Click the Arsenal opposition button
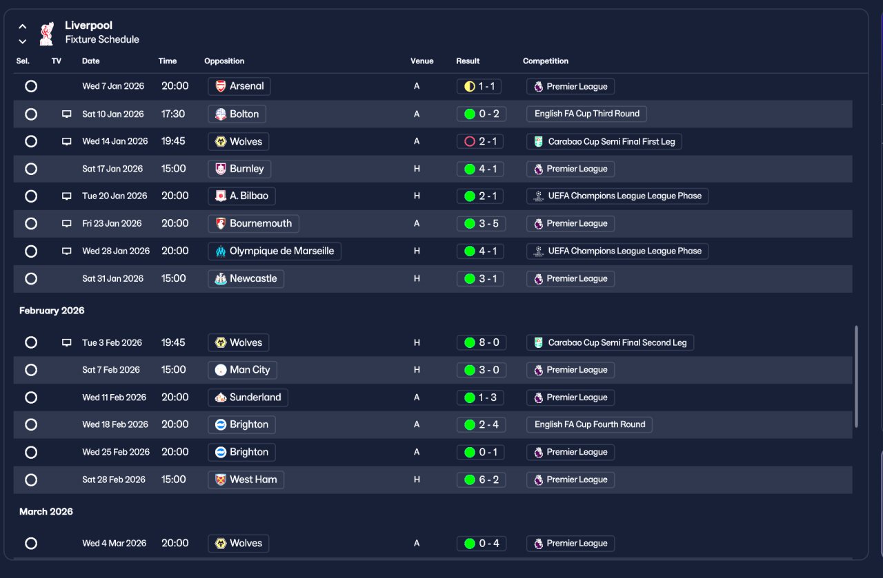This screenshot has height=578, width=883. pyautogui.click(x=239, y=86)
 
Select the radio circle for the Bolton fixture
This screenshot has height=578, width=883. pyautogui.click(x=31, y=114)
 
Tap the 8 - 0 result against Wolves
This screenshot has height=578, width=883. pyautogui.click(x=481, y=342)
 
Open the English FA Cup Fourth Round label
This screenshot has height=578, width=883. pyautogui.click(x=589, y=424)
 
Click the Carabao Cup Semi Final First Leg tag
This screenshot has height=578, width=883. pyautogui.click(x=604, y=142)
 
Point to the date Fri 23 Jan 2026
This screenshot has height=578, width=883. pyautogui.click(x=112, y=224)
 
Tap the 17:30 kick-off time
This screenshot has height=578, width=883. pyautogui.click(x=173, y=114)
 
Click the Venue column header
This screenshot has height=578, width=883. pyautogui.click(x=422, y=61)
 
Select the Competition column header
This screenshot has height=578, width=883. pyautogui.click(x=546, y=61)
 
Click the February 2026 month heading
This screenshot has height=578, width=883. pyautogui.click(x=52, y=311)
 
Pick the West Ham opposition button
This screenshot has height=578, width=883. pyautogui.click(x=246, y=479)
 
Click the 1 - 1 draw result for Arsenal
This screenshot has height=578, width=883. pyautogui.click(x=479, y=87)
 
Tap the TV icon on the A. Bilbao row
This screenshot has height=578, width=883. pyautogui.click(x=67, y=196)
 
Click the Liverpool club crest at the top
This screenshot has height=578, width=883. pyautogui.click(x=47, y=32)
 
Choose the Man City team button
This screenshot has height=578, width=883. pyautogui.click(x=242, y=370)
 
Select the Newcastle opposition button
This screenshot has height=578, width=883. pyautogui.click(x=246, y=279)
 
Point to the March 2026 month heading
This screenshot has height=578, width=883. pyautogui.click(x=46, y=512)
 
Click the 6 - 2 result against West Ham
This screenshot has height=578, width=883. pyautogui.click(x=481, y=479)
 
